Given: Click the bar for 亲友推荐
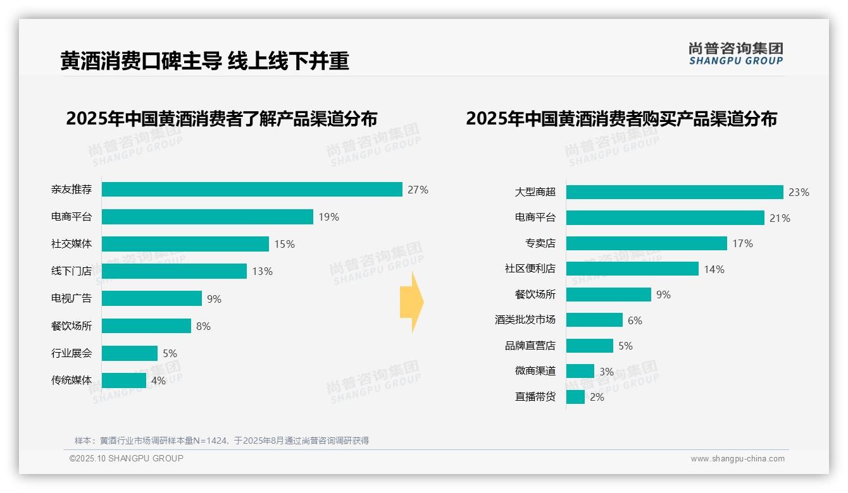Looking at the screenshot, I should [252, 190].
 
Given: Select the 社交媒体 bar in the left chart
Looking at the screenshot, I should [185, 244].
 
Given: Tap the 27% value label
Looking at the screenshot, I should [418, 190].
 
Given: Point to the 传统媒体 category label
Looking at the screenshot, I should [72, 380].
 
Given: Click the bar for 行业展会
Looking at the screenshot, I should [130, 353].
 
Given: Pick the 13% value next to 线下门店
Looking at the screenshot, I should [262, 271].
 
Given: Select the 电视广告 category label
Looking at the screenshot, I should [72, 298].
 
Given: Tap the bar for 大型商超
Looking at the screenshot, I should [675, 192].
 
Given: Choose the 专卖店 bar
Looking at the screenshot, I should [646, 243].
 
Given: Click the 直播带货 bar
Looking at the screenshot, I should [575, 397].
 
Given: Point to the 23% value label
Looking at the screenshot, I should [799, 192].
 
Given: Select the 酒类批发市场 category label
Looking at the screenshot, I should [525, 320].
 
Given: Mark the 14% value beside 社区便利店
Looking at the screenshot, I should [714, 269].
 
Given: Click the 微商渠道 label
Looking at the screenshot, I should [535, 371].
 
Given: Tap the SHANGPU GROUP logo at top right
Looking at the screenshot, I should [735, 54].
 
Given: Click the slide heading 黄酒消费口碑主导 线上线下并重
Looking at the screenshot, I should [204, 61].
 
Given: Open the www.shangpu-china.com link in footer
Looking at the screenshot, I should [737, 459].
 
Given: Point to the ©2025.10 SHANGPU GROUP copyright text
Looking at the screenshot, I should [127, 458].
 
